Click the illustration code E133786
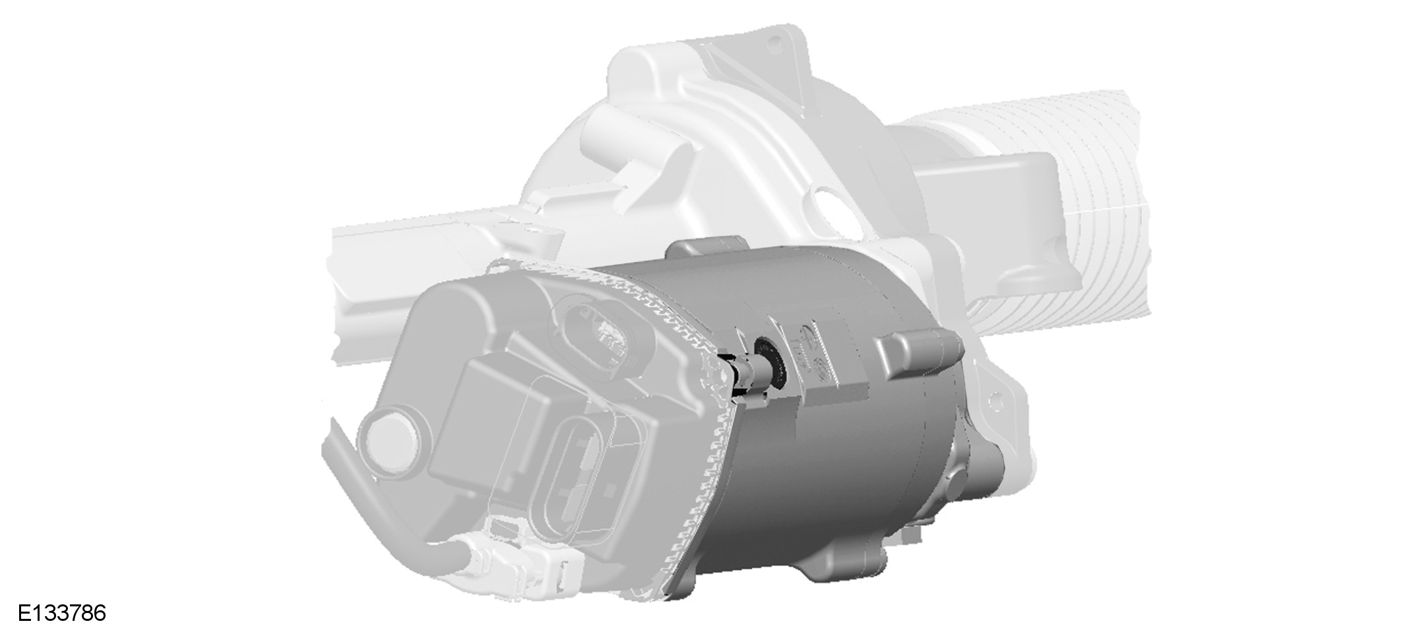[x=61, y=613]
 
